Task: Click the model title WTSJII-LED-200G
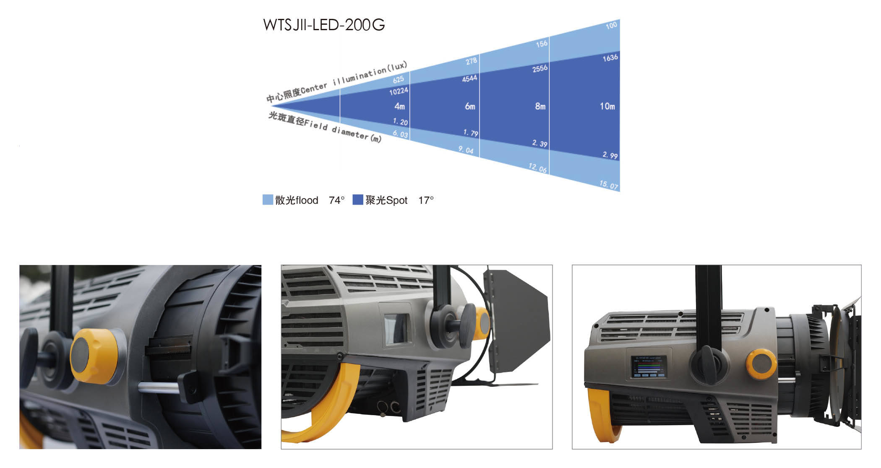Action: pos(323,25)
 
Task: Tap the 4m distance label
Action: pos(399,107)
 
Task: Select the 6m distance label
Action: pos(470,107)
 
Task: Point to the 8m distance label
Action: pos(540,107)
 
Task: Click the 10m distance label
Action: pos(607,107)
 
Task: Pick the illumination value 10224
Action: pos(399,91)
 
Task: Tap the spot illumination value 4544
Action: pos(469,78)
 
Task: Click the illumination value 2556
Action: pos(540,68)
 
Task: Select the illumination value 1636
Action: pos(610,58)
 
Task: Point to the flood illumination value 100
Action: pos(611,26)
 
